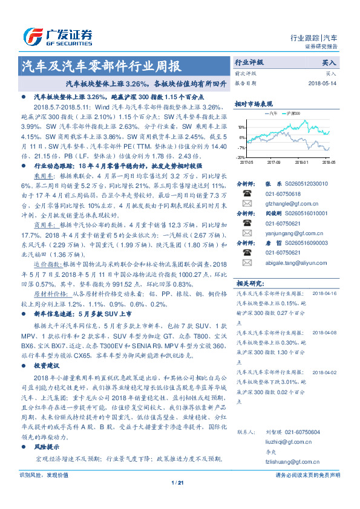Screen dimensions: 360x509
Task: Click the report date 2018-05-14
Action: [x=322, y=83]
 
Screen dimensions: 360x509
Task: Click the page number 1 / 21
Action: [x=177, y=482]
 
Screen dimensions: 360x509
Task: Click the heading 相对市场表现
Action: [x=254, y=103]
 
